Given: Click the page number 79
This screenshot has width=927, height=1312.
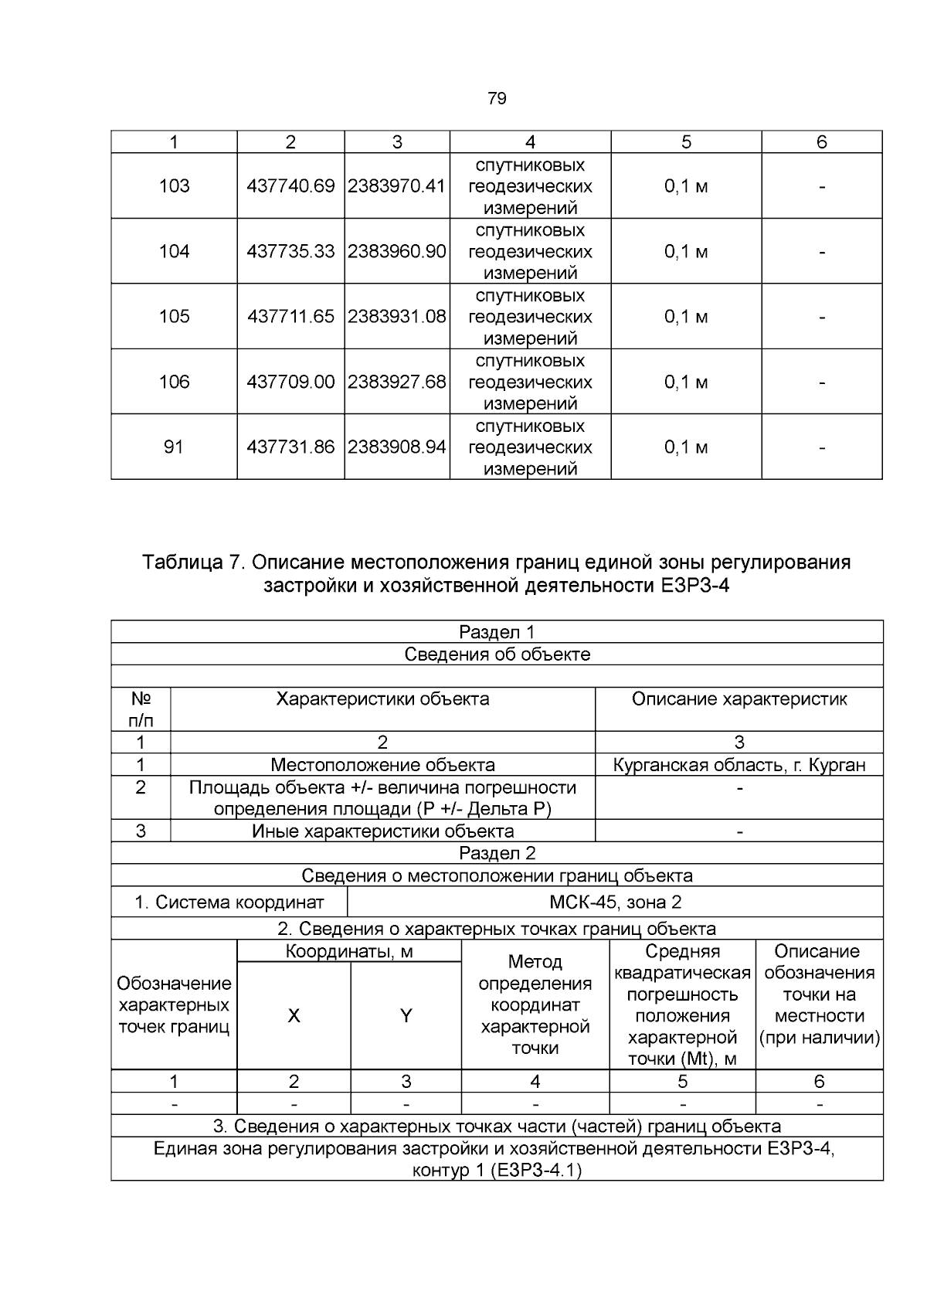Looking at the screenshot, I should tap(497, 98).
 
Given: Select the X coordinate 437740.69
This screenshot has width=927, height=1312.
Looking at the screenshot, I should tap(290, 186).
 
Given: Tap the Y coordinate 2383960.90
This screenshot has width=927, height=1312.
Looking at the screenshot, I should tap(396, 251).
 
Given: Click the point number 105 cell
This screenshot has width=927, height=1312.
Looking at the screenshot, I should tap(174, 316).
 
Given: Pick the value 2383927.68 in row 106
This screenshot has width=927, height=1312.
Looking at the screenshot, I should tap(396, 382).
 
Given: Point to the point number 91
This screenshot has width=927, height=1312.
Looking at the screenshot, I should tap(174, 447).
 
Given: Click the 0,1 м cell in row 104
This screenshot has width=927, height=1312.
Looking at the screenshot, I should tap(685, 251).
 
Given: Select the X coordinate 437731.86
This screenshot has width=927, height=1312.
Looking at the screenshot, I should tap(290, 447).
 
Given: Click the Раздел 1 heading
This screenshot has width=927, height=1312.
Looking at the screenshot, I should tap(497, 632).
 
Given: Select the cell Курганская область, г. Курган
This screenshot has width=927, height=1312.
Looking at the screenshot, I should tap(739, 765).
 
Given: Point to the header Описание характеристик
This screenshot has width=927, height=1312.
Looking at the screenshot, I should tap(739, 699).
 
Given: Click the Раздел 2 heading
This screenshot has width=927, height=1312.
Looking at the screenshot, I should tap(497, 853).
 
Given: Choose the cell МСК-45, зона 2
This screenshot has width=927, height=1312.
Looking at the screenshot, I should tap(615, 902).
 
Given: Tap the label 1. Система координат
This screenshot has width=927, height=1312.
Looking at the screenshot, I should tap(229, 902).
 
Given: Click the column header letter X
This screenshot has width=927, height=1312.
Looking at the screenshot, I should tap(294, 1016).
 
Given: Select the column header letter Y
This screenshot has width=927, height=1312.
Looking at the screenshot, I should tap(406, 1016).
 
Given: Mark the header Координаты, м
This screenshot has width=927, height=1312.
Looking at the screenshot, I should tap(349, 951).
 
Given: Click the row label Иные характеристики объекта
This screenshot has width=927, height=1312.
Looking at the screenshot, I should tap(382, 831).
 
